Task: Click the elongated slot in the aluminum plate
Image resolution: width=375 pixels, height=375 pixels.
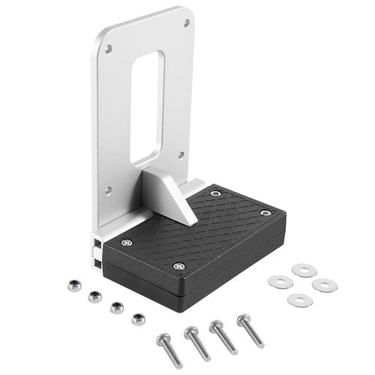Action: click(147, 106)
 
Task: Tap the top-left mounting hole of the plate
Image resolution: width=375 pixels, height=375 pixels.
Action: click(109, 49)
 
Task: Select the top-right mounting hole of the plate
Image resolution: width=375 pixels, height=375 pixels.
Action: click(187, 23)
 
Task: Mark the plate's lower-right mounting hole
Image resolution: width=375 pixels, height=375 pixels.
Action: click(181, 156)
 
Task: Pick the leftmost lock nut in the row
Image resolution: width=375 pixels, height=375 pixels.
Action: click(72, 284)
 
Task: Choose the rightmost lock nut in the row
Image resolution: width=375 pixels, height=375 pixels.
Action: click(137, 319)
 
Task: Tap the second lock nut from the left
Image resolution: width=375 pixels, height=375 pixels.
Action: click(94, 295)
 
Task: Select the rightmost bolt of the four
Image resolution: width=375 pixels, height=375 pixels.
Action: click(250, 329)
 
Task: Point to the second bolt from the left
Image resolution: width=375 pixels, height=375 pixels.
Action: click(196, 343)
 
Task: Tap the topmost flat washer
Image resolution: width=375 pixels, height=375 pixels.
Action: click(304, 269)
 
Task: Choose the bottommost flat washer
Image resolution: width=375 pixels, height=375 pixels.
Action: click(298, 300)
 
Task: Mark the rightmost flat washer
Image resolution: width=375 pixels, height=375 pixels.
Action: click(325, 285)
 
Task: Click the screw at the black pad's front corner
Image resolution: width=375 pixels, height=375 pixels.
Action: click(178, 266)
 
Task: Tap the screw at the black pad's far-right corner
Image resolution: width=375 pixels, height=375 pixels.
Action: click(265, 213)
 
